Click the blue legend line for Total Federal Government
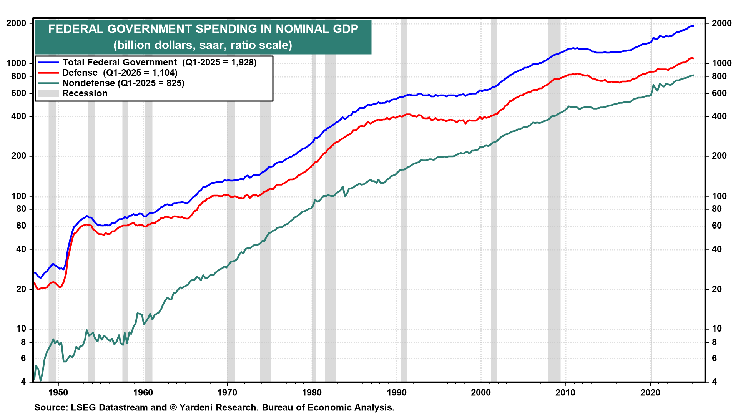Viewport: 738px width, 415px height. pyautogui.click(x=48, y=62)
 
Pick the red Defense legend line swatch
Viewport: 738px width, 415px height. pyautogui.click(x=48, y=73)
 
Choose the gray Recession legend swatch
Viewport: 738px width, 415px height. pyautogui.click(x=48, y=93)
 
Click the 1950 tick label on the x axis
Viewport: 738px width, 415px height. pyautogui.click(x=58, y=392)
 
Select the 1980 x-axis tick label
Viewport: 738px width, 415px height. pyautogui.click(x=312, y=392)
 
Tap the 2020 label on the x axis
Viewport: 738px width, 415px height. pyautogui.click(x=650, y=392)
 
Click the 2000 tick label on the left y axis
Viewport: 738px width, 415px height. pyautogui.click(x=17, y=23)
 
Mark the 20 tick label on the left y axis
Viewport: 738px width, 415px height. pyautogui.click(x=21, y=289)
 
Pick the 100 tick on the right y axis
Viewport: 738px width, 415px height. pyautogui.click(x=719, y=196)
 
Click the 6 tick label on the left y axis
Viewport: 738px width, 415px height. pyautogui.click(x=23, y=358)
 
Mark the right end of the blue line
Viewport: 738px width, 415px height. pyautogui.click(x=693, y=26)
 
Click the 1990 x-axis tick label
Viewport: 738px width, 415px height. pyautogui.click(x=397, y=392)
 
